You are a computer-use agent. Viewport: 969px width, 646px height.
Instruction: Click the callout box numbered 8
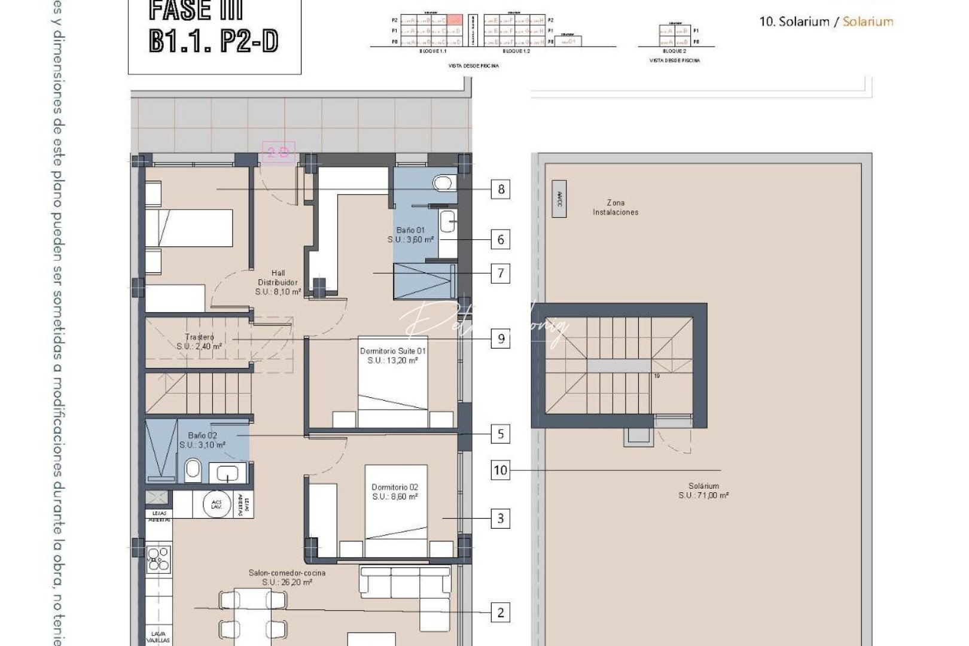click(501, 190)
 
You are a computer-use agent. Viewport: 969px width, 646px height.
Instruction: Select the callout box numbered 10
click(500, 470)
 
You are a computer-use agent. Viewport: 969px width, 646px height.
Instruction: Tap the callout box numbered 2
click(501, 613)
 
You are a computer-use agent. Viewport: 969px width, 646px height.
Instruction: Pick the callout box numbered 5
click(501, 434)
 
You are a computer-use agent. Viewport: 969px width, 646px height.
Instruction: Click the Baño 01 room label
click(410, 234)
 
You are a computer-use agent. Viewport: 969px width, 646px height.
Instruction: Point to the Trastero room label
click(200, 342)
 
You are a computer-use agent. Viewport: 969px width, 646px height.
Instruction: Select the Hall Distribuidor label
click(278, 282)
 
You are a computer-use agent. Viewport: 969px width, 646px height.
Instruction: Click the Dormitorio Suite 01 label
click(393, 356)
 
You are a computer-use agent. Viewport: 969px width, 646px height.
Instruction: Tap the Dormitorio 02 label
click(395, 492)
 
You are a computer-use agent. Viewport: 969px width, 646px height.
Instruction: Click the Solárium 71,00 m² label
click(703, 490)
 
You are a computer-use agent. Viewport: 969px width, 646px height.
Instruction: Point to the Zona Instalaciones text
click(615, 207)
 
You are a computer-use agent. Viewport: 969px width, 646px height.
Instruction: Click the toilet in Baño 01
click(443, 182)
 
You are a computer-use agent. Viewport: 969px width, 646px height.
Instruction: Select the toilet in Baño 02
click(193, 471)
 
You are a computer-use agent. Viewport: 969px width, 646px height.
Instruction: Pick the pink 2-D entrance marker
click(278, 153)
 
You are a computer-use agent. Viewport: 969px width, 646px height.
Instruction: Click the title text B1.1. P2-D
click(213, 41)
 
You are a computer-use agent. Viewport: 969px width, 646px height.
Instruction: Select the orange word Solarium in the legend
click(868, 22)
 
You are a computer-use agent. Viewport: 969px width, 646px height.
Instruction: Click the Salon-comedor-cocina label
click(287, 577)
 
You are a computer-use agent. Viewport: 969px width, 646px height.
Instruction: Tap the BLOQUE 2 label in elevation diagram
click(674, 51)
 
